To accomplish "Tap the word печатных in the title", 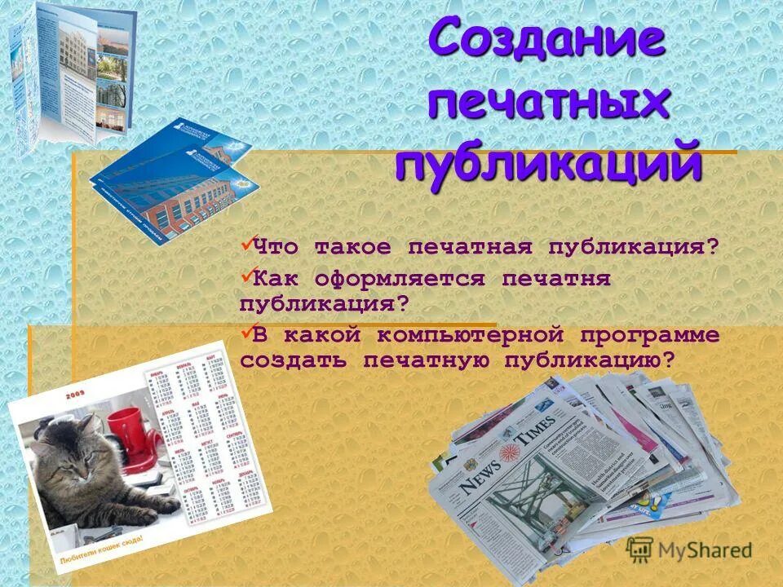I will (x=549, y=104).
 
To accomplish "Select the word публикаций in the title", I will (x=549, y=164).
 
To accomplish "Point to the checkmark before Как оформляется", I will (x=246, y=276).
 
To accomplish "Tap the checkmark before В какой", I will (x=246, y=332).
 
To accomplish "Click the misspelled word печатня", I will (x=556, y=280).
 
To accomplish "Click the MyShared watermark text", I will (x=706, y=551).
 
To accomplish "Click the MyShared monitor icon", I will (x=640, y=550).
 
